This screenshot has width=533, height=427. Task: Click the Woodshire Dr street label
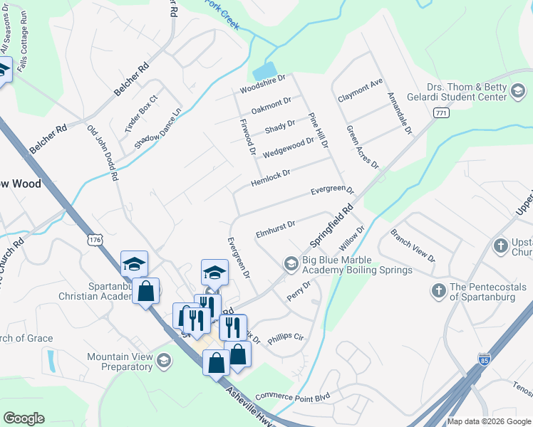tap(262, 84)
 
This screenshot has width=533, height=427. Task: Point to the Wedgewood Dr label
tap(288, 148)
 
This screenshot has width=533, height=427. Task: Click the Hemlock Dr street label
tap(271, 178)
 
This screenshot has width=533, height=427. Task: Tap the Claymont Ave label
tap(361, 91)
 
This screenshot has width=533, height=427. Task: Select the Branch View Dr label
tap(413, 246)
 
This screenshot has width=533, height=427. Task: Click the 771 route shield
tap(442, 113)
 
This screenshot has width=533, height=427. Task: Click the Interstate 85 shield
tap(485, 360)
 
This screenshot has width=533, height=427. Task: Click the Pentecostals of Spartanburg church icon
tap(439, 290)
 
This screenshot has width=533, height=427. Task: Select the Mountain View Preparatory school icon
tap(165, 362)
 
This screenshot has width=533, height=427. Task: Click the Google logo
tap(24, 418)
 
